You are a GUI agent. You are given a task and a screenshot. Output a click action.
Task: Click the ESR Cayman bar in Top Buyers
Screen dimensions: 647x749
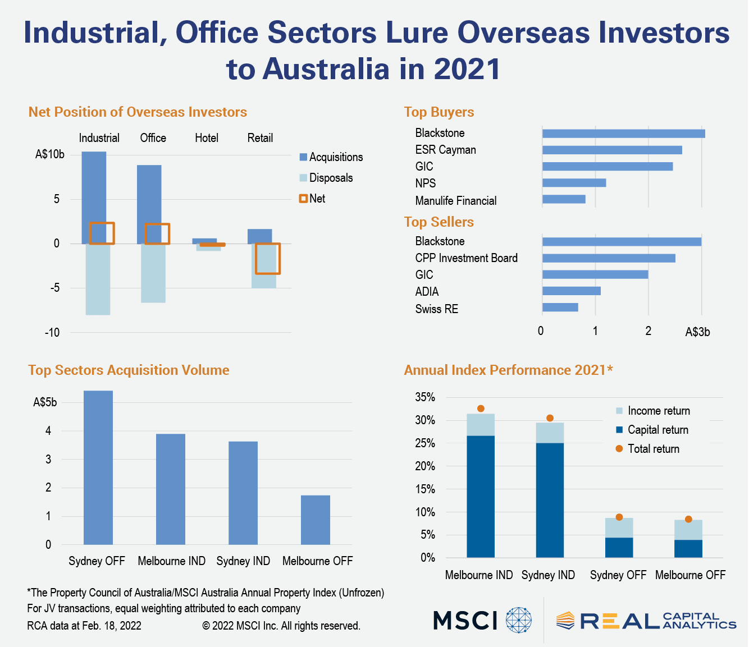612,150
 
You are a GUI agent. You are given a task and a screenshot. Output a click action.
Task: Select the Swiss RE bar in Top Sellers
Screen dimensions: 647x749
560,308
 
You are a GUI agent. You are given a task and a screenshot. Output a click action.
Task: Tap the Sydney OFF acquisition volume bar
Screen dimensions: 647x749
98,467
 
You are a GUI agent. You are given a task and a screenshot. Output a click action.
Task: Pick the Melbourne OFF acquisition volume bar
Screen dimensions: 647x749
316,520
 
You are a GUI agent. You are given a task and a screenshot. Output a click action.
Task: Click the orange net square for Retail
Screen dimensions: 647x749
268,259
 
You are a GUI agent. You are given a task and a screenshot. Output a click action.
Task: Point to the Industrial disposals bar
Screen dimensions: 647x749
98,279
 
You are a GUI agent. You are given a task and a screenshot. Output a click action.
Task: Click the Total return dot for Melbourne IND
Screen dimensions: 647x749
481,409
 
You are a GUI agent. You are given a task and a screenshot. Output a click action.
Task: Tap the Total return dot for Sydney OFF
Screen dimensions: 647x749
619,517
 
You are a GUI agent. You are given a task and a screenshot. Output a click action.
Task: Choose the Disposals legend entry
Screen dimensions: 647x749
326,178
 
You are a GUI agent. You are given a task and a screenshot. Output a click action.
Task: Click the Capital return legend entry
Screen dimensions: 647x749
652,430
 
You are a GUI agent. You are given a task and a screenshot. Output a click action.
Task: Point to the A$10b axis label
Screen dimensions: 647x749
50,154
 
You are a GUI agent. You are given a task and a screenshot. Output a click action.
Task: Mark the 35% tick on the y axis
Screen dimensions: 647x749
425,397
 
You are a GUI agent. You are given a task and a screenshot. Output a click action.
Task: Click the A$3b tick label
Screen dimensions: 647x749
697,332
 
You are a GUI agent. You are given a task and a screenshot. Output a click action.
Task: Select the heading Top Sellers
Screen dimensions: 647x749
439,222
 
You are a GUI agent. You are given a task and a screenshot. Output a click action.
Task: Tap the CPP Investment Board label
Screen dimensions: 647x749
466,258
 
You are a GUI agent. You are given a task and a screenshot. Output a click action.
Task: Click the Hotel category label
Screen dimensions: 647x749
207,138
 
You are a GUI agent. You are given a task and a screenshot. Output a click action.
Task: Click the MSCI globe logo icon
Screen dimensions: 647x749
518,620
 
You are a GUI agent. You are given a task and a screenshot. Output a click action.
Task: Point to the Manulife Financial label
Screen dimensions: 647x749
456,201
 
